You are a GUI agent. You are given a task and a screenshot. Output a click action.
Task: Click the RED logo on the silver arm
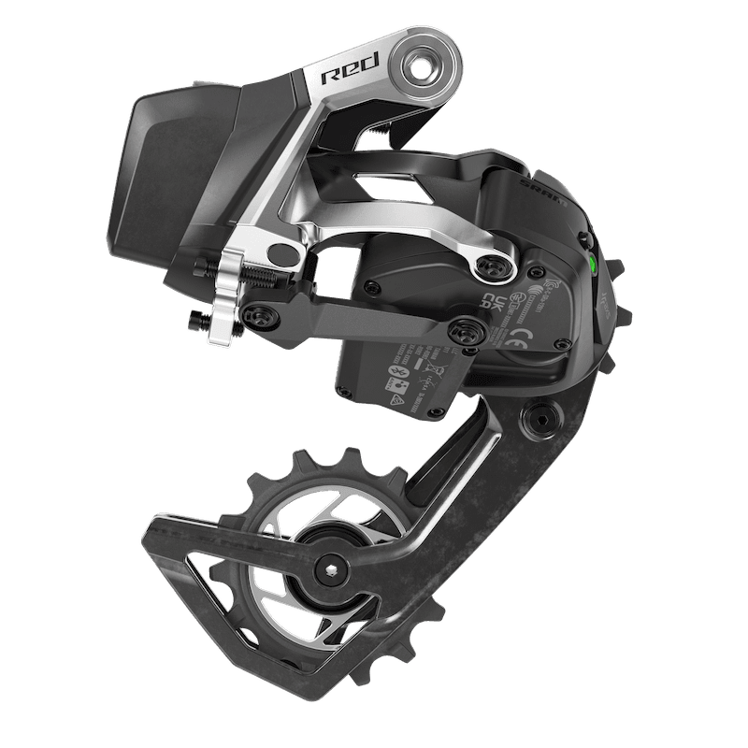coord(350,77)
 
